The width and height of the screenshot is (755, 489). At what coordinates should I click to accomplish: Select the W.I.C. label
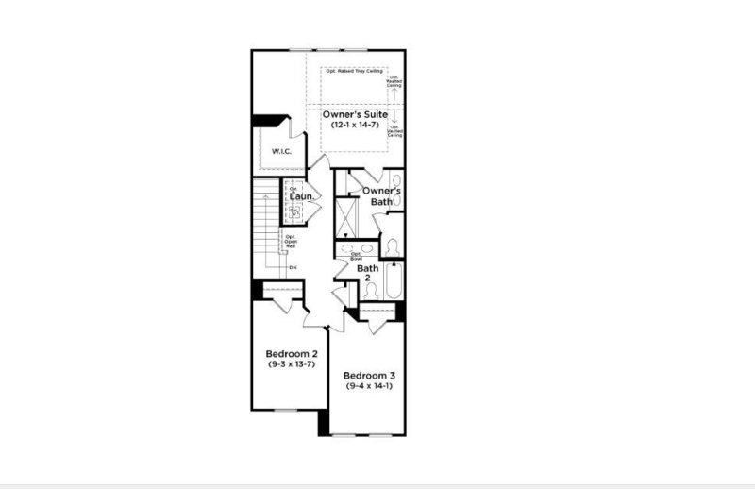point(281,152)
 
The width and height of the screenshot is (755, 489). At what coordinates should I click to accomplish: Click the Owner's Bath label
point(382,195)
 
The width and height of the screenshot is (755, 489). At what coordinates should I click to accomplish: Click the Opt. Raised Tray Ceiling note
point(353,71)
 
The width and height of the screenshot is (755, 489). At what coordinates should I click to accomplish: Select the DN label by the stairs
point(293,268)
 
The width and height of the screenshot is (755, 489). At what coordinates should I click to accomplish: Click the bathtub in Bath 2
point(394,278)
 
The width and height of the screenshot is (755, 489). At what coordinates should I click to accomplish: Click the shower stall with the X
point(348,217)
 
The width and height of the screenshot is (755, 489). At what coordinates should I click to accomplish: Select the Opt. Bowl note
point(357,256)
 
